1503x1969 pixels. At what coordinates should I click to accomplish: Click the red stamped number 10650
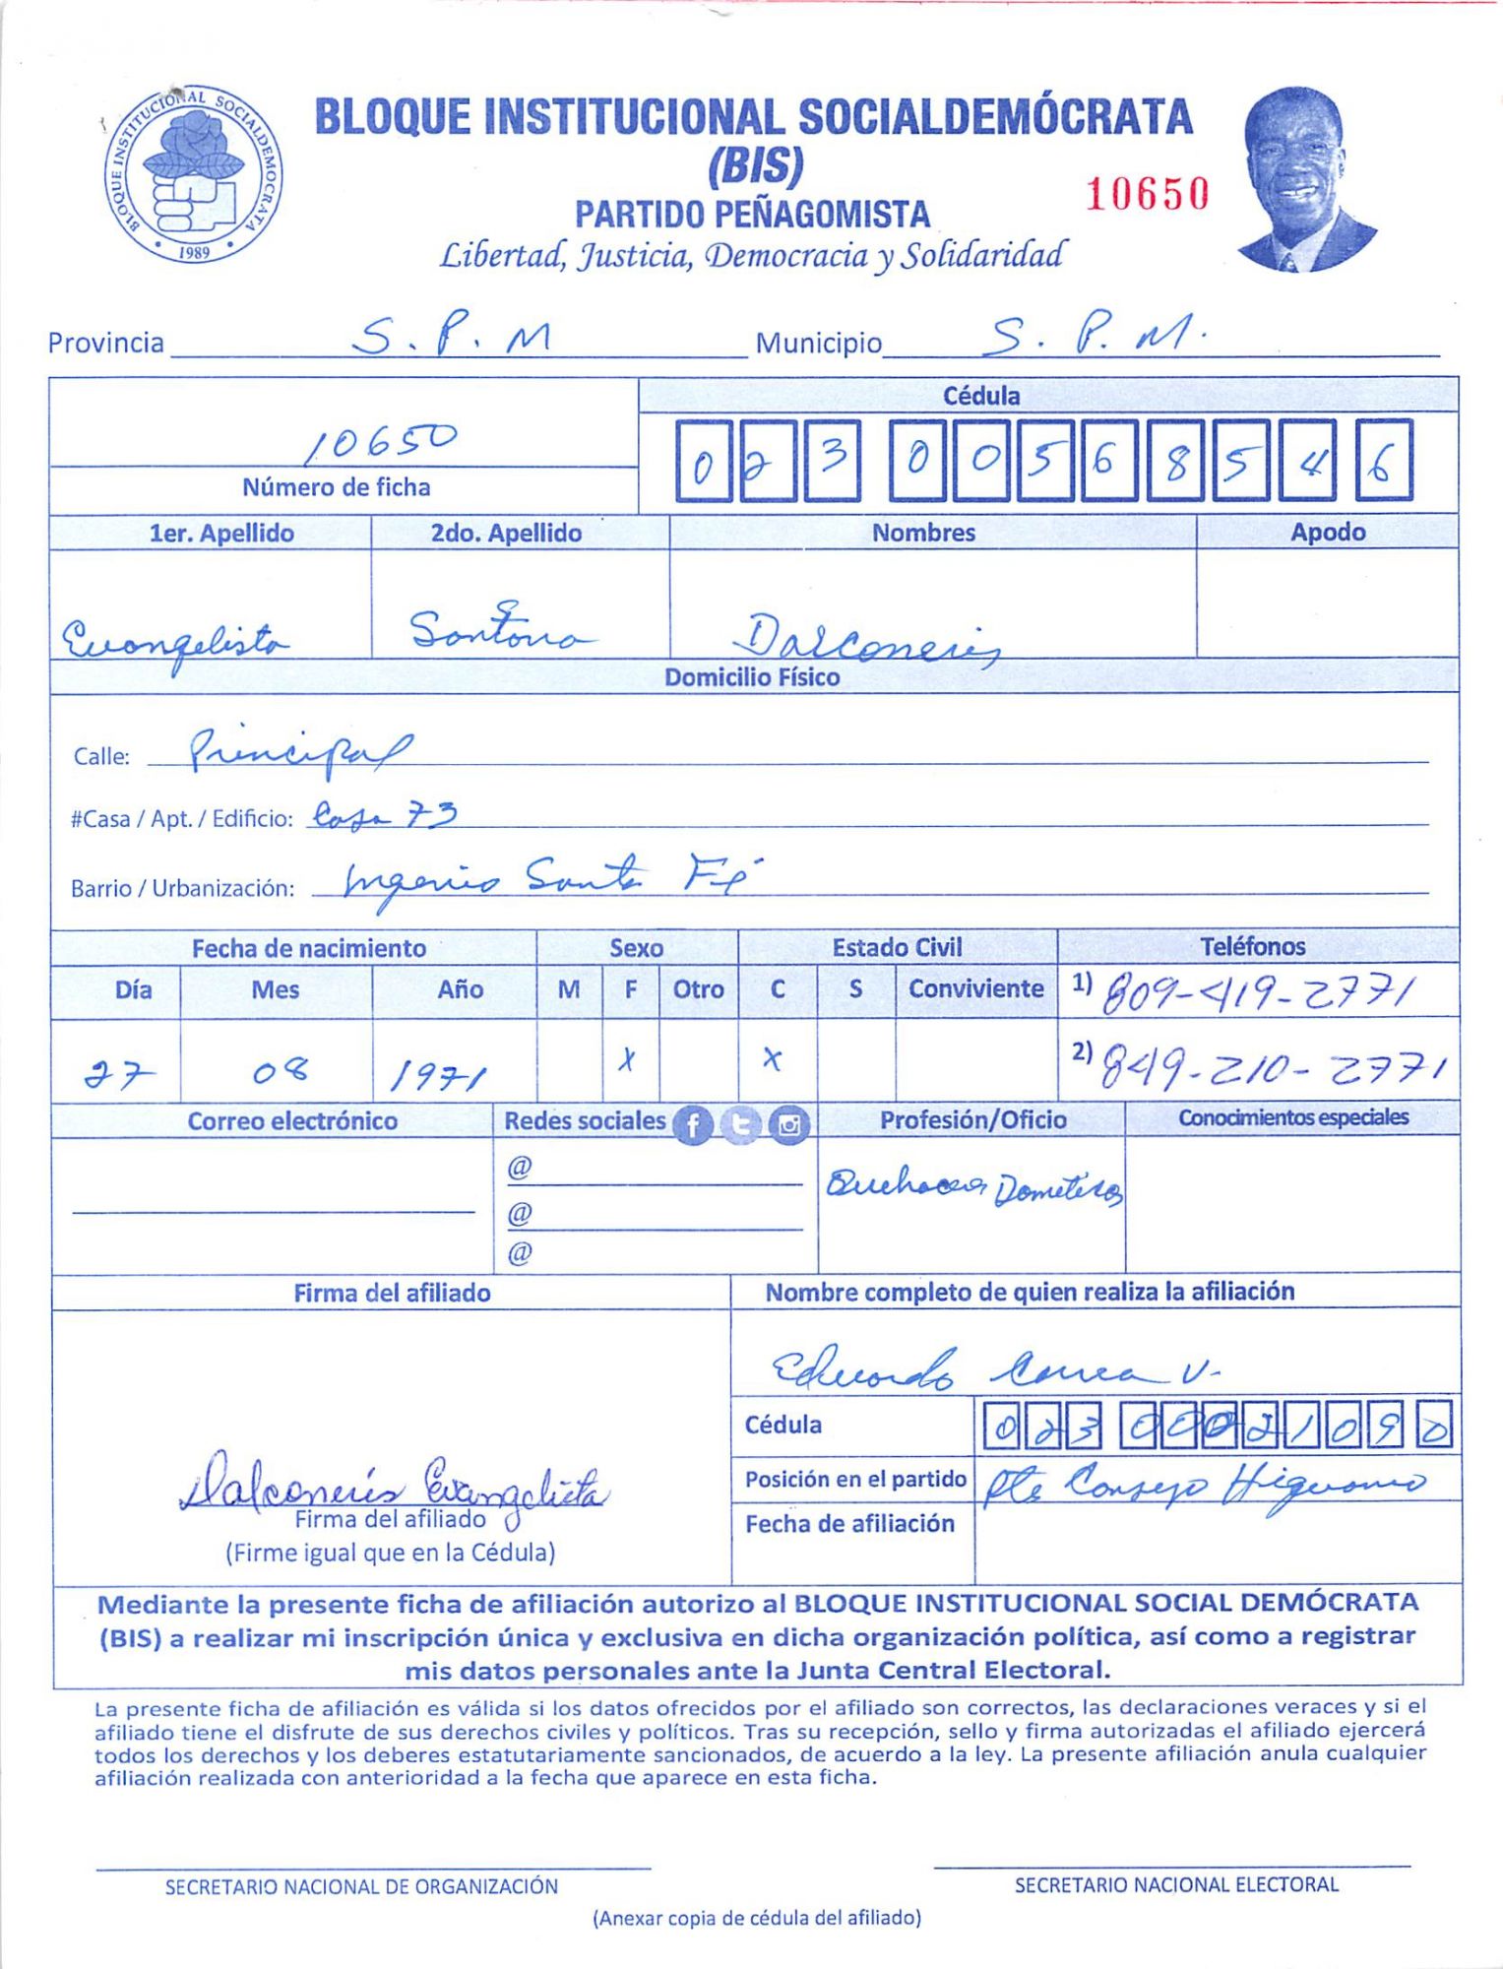tap(1147, 194)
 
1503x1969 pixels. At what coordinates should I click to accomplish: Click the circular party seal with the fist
tap(193, 175)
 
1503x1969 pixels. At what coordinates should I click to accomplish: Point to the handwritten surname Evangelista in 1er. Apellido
tap(174, 642)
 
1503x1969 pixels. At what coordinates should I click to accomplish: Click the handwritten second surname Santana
tap(500, 629)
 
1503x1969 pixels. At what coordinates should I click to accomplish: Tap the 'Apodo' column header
tap(1327, 533)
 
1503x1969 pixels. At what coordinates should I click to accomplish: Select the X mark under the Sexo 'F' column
tap(627, 1060)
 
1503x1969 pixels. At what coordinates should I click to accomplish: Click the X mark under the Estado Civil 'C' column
tap(774, 1059)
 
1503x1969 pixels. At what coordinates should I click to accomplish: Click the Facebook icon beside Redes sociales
tap(693, 1124)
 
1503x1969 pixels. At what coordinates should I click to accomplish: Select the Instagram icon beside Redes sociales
tap(788, 1124)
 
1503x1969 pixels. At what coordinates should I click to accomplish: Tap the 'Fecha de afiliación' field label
tap(849, 1524)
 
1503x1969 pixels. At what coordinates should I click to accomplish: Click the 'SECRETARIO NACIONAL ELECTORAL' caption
tap(1176, 1884)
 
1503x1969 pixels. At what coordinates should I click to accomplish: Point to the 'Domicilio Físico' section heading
tap(752, 677)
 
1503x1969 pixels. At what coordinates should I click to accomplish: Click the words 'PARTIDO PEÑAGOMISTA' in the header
tap(752, 214)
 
